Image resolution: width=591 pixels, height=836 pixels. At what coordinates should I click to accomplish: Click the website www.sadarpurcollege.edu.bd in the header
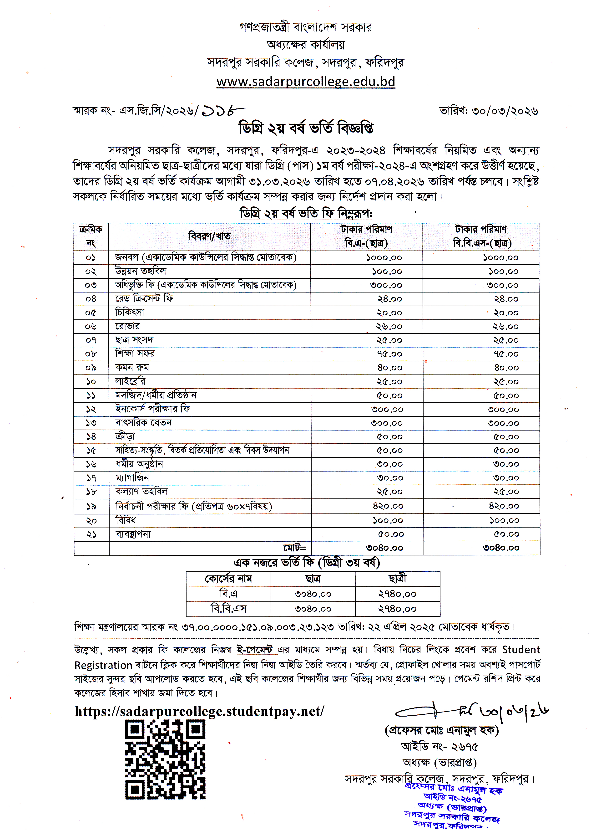point(305,81)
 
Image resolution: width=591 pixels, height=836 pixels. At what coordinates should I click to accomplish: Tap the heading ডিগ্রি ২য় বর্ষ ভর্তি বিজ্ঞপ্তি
point(305,128)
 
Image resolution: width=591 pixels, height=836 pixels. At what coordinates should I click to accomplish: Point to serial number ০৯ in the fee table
point(91,368)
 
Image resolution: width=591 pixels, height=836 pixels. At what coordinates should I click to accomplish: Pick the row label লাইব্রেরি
point(130,381)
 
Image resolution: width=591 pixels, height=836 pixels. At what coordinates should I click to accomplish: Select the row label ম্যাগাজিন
point(132,478)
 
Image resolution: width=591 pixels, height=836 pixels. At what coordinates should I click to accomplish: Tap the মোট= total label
point(294,548)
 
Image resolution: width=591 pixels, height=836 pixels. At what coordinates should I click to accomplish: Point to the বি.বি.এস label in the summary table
point(228,609)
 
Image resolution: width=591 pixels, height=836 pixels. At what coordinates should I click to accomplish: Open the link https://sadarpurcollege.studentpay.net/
point(199,711)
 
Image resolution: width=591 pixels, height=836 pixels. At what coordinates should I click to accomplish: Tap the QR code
point(165,760)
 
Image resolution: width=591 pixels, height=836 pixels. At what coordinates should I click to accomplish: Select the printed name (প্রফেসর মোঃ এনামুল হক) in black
point(441,730)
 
